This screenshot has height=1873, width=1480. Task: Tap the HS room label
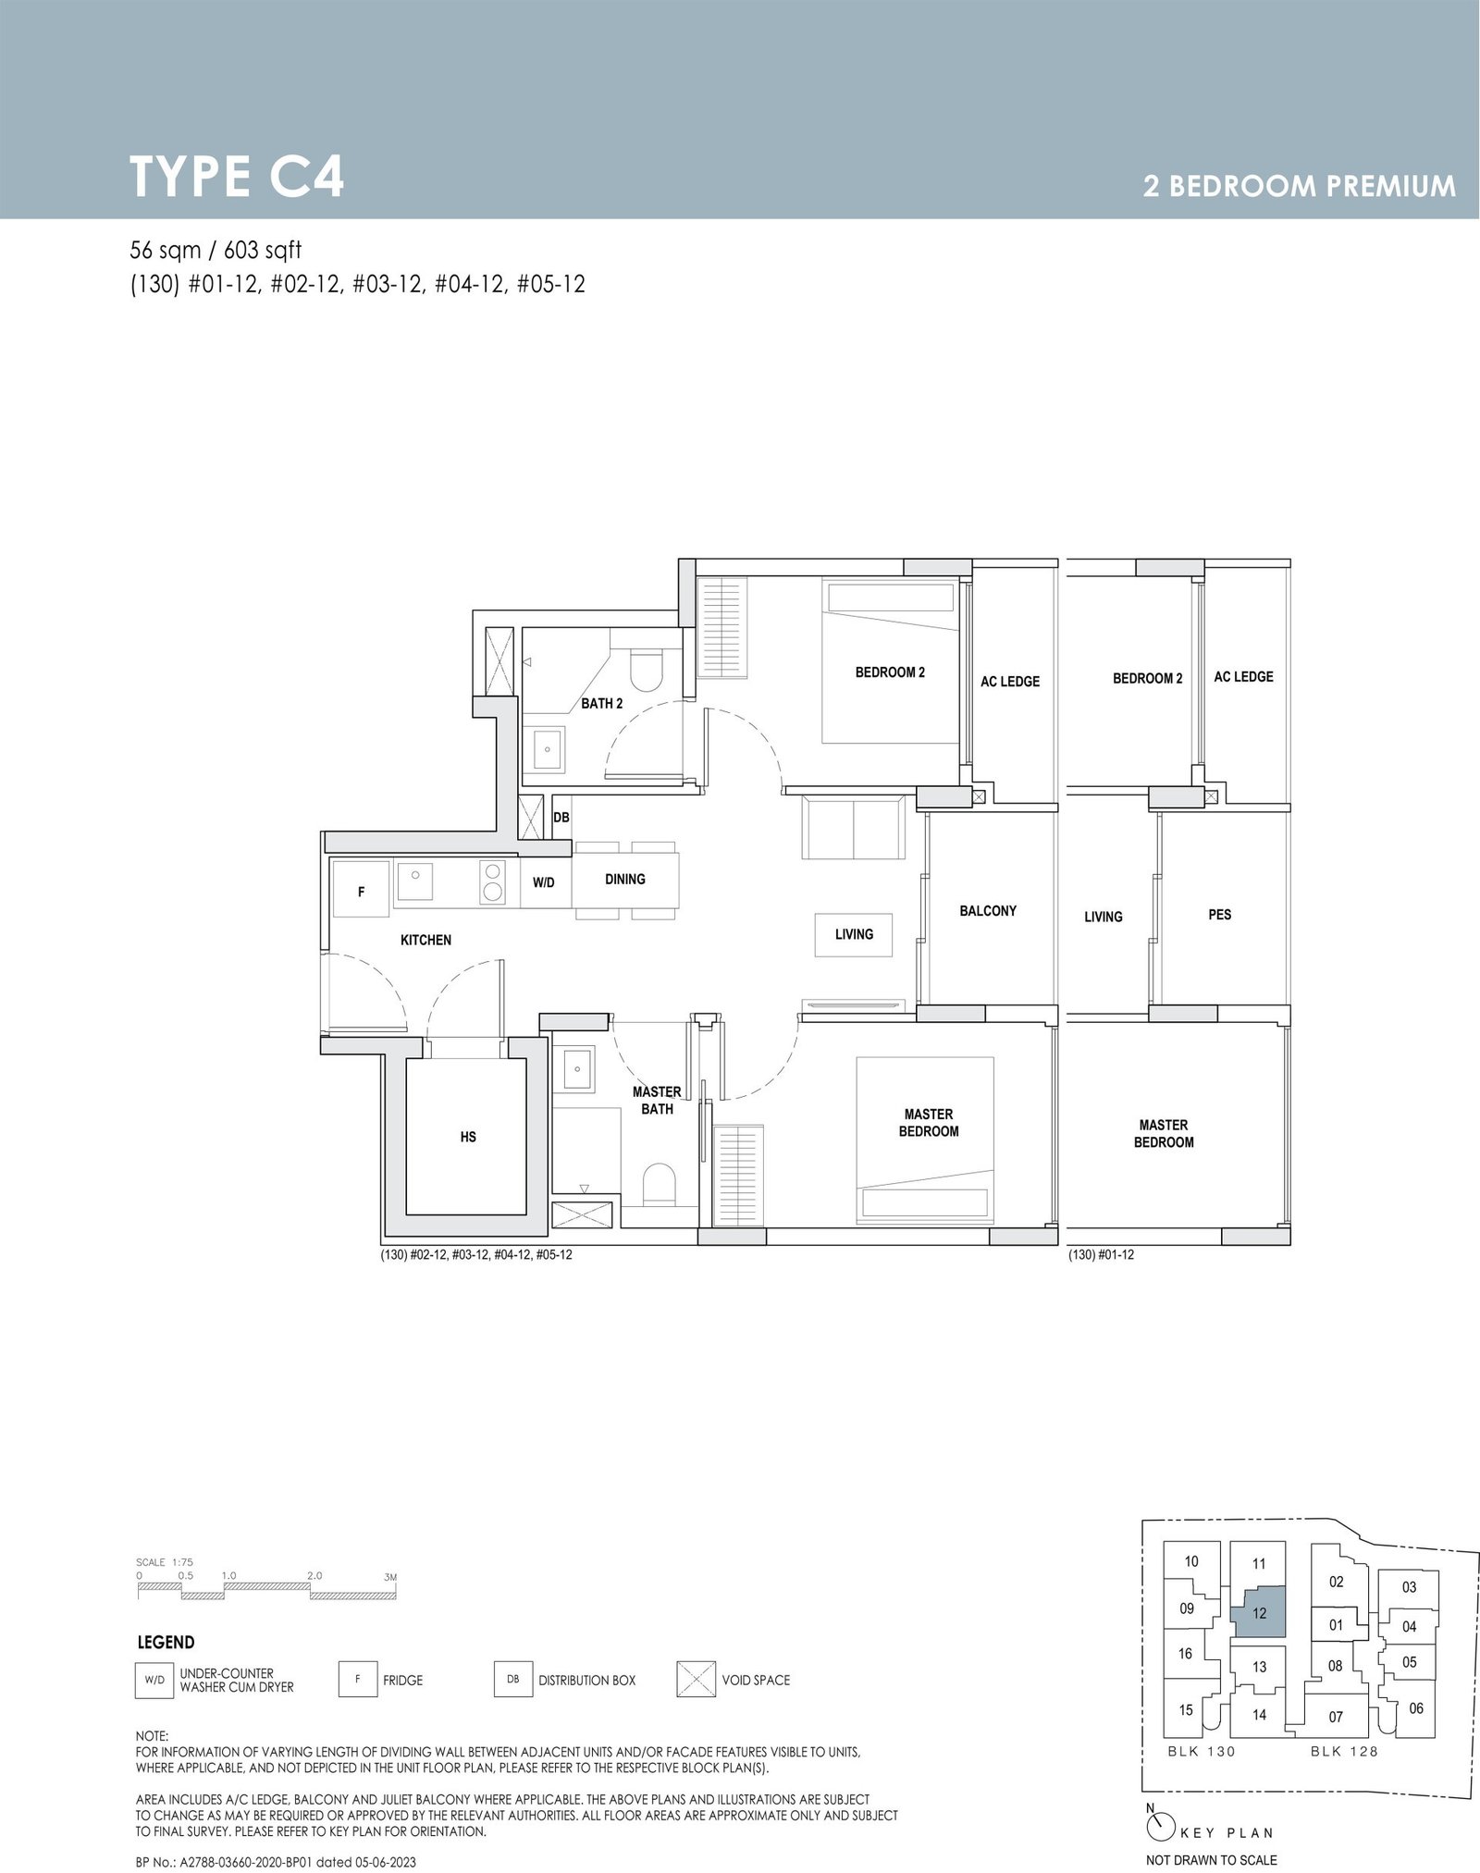468,1137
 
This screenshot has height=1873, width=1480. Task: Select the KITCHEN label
425,940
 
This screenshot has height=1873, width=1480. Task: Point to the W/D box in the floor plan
544,882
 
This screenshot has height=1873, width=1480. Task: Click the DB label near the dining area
561,818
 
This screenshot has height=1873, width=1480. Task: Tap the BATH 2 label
602,704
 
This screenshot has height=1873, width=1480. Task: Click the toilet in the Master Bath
660,1185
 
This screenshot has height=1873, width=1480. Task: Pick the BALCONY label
988,911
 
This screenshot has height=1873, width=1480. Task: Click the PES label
1220,915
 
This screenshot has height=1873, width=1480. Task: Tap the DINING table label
625,879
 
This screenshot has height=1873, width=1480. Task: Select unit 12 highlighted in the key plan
1259,1612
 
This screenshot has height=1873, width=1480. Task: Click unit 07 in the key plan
1336,1717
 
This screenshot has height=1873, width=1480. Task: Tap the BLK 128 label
1344,1751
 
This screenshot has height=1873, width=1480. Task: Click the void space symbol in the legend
696,1679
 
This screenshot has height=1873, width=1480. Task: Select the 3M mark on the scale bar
390,1575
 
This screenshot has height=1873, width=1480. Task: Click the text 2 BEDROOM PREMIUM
1300,187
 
